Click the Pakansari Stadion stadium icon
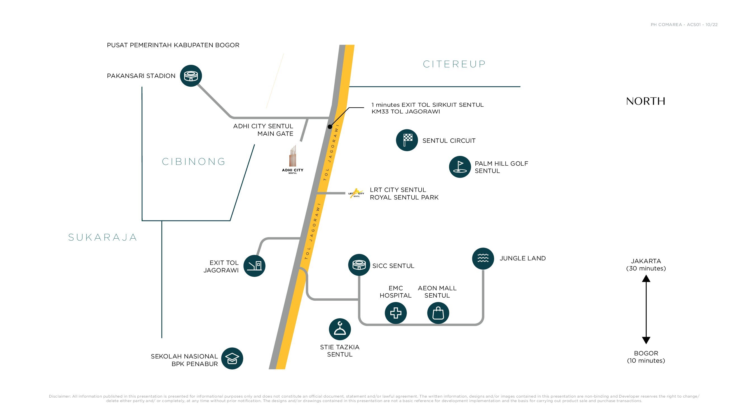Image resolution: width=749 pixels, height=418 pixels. pyautogui.click(x=191, y=76)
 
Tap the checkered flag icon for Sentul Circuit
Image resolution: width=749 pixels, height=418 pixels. pyautogui.click(x=407, y=140)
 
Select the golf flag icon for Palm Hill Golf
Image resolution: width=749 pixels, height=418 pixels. pyautogui.click(x=460, y=167)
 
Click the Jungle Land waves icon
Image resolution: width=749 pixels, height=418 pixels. pyautogui.click(x=483, y=258)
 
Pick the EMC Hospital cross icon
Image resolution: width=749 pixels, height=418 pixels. pyautogui.click(x=395, y=313)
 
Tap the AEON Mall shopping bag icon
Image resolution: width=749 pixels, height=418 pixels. pyautogui.click(x=438, y=313)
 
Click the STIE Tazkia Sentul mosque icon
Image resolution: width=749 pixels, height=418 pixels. pyautogui.click(x=340, y=329)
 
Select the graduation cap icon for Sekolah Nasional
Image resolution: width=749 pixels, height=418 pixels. pyautogui.click(x=232, y=358)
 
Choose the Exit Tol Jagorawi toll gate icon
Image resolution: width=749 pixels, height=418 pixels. pyautogui.click(x=254, y=266)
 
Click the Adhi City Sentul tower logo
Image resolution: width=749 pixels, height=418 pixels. pyautogui.click(x=292, y=160)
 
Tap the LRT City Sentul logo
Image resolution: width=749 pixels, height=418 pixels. pyautogui.click(x=356, y=193)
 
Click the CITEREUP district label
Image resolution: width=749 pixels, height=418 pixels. pyautogui.click(x=454, y=64)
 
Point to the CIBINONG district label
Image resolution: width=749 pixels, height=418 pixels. pyautogui.click(x=194, y=162)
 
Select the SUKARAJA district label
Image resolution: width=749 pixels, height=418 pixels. pyautogui.click(x=102, y=237)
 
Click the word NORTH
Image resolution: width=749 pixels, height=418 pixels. pyautogui.click(x=645, y=101)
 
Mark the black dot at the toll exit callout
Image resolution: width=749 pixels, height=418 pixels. pyautogui.click(x=330, y=127)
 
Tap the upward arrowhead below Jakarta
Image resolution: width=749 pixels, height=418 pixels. pyautogui.click(x=646, y=279)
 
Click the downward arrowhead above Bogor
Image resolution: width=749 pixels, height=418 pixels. pyautogui.click(x=646, y=340)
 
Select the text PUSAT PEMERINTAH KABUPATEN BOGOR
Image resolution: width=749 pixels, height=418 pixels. pyautogui.click(x=173, y=45)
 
